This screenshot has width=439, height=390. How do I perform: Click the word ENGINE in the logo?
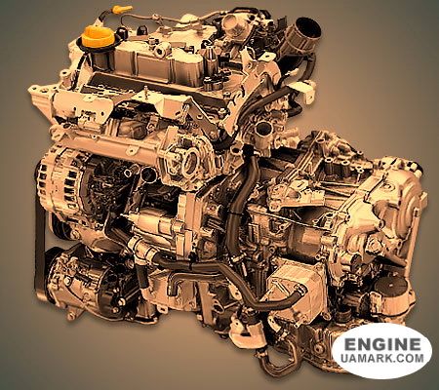[x=384, y=344]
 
